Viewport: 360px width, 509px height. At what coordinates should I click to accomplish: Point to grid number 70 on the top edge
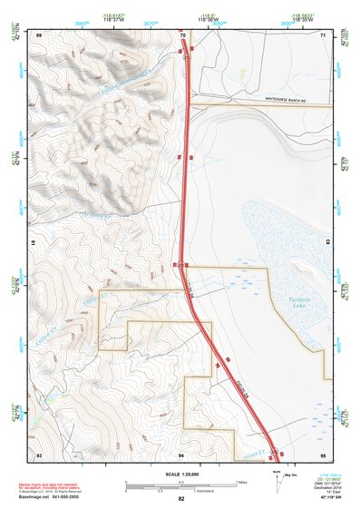click(183, 34)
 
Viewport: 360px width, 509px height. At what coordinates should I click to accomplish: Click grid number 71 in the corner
click(323, 34)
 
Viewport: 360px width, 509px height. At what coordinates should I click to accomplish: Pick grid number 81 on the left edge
click(34, 244)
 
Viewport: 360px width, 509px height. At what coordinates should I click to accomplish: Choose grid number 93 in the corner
click(39, 454)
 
